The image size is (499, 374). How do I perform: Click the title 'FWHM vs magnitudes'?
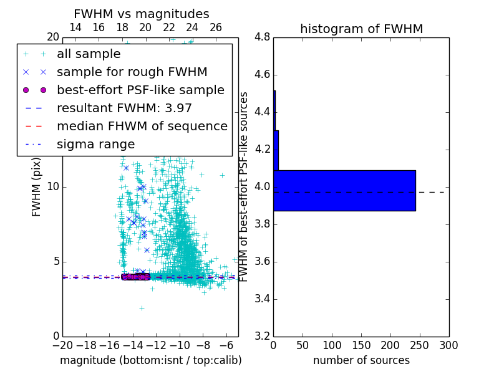click(x=142, y=14)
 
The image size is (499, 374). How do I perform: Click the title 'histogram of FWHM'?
click(x=361, y=29)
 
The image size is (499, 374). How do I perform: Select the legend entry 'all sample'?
click(x=89, y=54)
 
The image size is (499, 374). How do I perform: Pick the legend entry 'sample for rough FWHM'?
click(x=132, y=72)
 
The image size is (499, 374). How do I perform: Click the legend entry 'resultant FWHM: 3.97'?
click(x=124, y=108)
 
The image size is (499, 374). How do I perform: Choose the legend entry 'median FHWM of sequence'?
click(x=142, y=127)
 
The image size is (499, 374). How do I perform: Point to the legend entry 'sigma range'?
click(x=95, y=145)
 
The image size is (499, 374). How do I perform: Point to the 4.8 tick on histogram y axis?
click(x=263, y=37)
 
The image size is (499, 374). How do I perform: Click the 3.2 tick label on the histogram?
click(x=263, y=336)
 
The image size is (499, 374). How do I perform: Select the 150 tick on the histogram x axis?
click(x=361, y=345)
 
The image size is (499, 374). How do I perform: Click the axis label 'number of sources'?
click(x=361, y=360)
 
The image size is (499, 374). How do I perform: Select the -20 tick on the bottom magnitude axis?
click(x=62, y=345)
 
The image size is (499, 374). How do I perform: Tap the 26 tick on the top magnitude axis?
click(x=216, y=27)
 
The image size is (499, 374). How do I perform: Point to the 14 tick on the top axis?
click(x=75, y=27)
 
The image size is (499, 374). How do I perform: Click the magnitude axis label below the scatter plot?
click(x=150, y=360)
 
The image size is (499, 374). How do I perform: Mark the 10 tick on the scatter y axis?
click(x=52, y=187)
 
